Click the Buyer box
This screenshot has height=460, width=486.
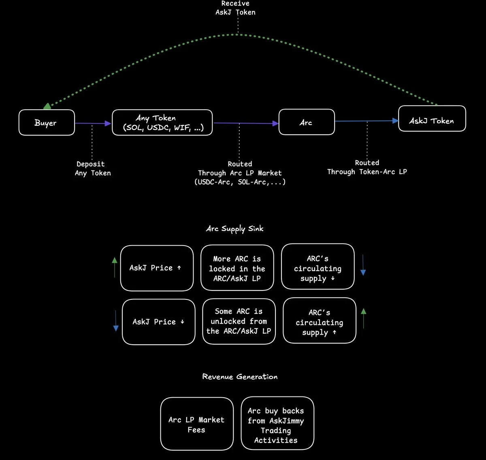(47, 123)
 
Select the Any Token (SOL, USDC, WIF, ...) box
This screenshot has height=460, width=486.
(162, 123)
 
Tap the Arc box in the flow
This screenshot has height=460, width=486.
(307, 122)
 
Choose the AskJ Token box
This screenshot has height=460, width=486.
(432, 119)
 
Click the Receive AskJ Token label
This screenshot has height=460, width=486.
(235, 8)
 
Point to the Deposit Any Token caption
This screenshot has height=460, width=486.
(92, 168)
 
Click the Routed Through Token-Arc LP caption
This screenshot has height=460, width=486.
(367, 167)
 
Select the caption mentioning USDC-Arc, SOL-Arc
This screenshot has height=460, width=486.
(240, 173)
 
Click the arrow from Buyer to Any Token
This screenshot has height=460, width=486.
(93, 123)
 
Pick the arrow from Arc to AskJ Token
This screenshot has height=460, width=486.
(367, 121)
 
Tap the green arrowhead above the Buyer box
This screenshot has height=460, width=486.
(47, 106)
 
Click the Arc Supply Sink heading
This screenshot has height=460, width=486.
(234, 229)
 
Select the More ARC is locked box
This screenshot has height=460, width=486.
(237, 268)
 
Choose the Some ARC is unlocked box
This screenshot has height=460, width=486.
(239, 321)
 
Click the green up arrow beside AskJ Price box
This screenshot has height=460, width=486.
(115, 267)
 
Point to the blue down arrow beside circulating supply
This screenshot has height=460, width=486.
(363, 265)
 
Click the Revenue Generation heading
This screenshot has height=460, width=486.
(240, 377)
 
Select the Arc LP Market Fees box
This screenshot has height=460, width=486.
(197, 424)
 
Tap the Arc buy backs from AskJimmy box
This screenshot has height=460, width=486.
(277, 424)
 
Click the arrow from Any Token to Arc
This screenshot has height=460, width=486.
(245, 123)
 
